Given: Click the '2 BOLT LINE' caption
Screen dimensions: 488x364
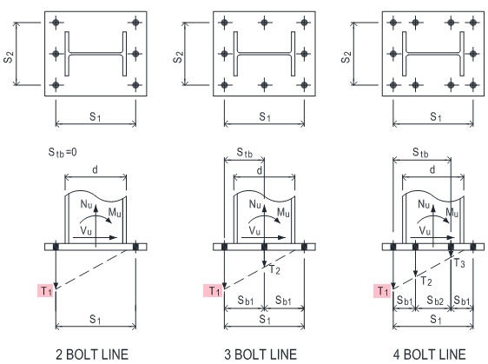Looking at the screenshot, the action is point(92,354).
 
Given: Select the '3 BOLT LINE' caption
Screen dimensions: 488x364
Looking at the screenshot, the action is point(260,354).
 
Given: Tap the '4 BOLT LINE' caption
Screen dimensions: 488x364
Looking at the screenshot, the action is point(430,354).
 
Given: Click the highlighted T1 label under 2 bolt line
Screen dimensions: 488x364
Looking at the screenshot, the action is point(46,291).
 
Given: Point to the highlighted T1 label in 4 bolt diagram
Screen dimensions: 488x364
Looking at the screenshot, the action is point(382,291).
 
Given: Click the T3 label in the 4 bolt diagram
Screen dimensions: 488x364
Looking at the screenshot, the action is point(459,263).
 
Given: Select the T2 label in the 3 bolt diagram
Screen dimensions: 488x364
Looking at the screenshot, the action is point(274,269).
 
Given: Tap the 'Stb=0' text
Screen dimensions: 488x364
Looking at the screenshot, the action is point(63,152).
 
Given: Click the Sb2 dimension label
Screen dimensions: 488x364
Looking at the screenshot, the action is point(435,301).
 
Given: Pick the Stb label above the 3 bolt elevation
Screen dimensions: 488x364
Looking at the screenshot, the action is point(245,153).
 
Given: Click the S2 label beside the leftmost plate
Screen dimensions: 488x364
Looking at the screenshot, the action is point(9,57).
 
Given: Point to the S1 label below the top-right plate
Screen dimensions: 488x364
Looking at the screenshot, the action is point(436,117).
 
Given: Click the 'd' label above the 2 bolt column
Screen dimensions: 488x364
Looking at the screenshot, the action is point(95,169).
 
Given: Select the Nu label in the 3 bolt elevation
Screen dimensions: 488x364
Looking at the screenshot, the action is point(255,204).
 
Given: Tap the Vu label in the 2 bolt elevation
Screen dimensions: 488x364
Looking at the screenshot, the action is point(86,231).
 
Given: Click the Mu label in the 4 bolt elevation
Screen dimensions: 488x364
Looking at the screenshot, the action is point(452,213).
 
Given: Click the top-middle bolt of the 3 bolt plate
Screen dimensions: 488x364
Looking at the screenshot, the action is point(264,23).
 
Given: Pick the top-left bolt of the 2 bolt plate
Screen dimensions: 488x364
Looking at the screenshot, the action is point(56,23).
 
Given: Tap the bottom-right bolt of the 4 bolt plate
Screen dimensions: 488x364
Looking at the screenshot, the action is point(473,84).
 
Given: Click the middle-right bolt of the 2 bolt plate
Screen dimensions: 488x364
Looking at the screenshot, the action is point(135,54).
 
